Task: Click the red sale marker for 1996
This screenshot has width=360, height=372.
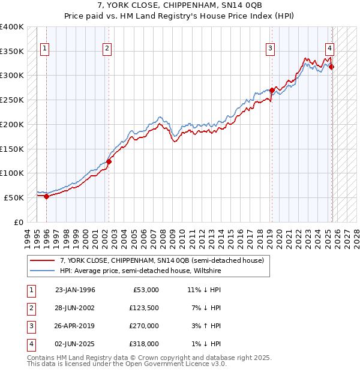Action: [x=46, y=197]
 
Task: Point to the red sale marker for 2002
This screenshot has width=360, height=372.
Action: [x=109, y=161]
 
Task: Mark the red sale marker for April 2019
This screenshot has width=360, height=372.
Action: [x=272, y=91]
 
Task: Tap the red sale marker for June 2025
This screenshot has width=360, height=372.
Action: [x=332, y=67]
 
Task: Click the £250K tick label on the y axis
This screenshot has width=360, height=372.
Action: [x=12, y=100]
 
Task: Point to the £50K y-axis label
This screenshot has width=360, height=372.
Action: [x=14, y=197]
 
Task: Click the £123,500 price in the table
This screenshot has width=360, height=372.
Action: [x=145, y=307]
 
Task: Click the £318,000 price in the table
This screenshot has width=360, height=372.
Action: [x=145, y=344]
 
